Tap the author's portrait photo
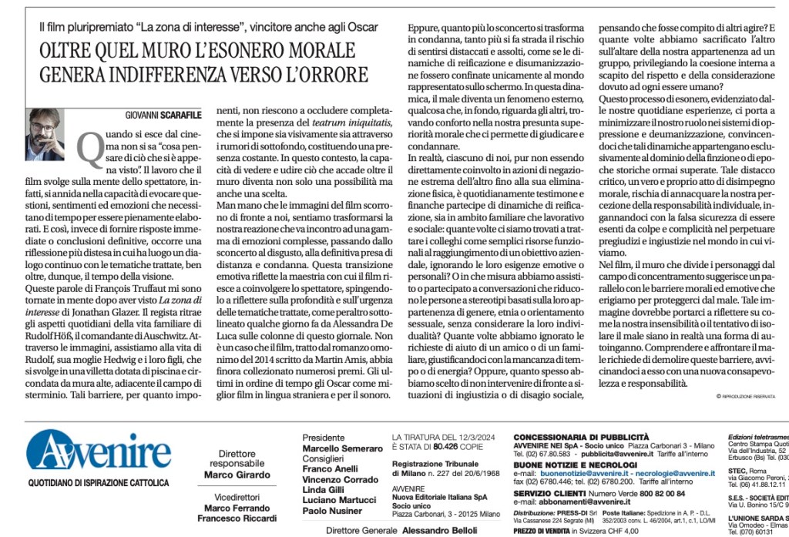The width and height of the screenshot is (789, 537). point(45,136)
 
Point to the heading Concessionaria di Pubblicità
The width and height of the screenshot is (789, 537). point(581,436)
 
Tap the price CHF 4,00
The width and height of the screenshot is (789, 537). point(619,531)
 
